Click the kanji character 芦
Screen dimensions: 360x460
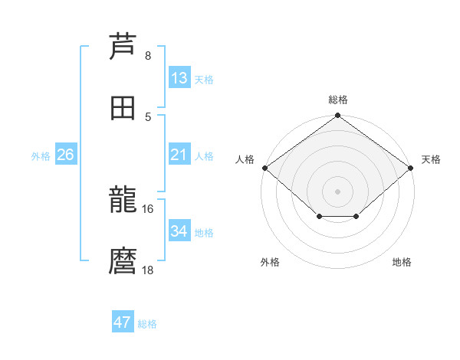(123, 46)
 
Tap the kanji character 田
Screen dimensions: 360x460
(123, 108)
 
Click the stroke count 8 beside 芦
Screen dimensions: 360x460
(148, 56)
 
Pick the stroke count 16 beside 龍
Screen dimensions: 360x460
(148, 208)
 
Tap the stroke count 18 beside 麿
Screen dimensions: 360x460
(148, 270)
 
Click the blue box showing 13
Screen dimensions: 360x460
(179, 78)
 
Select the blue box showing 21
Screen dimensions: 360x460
(179, 155)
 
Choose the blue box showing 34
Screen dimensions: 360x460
(179, 231)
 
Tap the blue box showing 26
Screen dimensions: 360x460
(65, 155)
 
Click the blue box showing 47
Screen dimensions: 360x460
(123, 322)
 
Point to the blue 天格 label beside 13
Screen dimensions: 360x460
(204, 80)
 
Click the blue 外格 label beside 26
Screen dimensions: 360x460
(41, 156)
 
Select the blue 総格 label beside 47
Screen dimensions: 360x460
(147, 324)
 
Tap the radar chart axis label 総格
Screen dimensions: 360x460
(338, 100)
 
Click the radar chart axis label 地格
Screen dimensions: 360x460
(402, 262)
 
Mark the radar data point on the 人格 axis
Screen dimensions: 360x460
(264, 168)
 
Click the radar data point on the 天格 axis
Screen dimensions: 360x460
(412, 168)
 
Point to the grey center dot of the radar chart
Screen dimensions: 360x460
(338, 191)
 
